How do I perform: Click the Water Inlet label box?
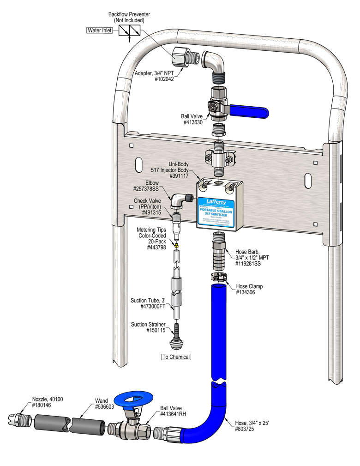coord(100,31)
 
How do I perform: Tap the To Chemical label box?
coord(175,357)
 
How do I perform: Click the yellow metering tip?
coord(176,242)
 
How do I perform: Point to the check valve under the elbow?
coord(176,223)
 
